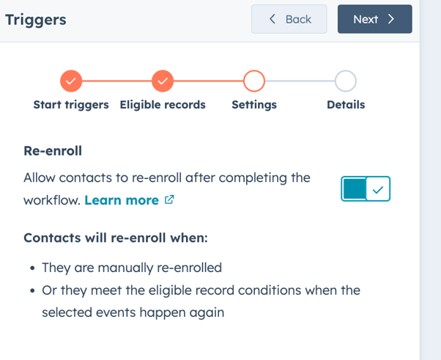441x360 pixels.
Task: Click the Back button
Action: pyautogui.click(x=289, y=19)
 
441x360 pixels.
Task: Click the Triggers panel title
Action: pyautogui.click(x=36, y=20)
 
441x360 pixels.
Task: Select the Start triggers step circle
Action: pyautogui.click(x=71, y=81)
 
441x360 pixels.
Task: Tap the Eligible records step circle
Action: pyautogui.click(x=163, y=81)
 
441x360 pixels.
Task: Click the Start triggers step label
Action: pyautogui.click(x=71, y=105)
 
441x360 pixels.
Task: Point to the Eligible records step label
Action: pyautogui.click(x=163, y=105)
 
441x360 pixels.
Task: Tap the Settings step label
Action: pyautogui.click(x=254, y=105)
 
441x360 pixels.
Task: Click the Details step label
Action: pyautogui.click(x=346, y=105)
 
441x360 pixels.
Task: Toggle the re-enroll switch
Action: pyautogui.click(x=366, y=188)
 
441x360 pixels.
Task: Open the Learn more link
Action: pyautogui.click(x=122, y=200)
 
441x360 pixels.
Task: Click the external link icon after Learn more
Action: pyautogui.click(x=169, y=199)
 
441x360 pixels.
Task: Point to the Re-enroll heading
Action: pyautogui.click(x=53, y=151)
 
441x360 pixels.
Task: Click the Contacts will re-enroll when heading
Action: pyautogui.click(x=116, y=238)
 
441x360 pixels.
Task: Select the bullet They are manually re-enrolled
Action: pyautogui.click(x=132, y=268)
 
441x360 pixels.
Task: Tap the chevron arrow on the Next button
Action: pyautogui.click(x=391, y=19)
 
